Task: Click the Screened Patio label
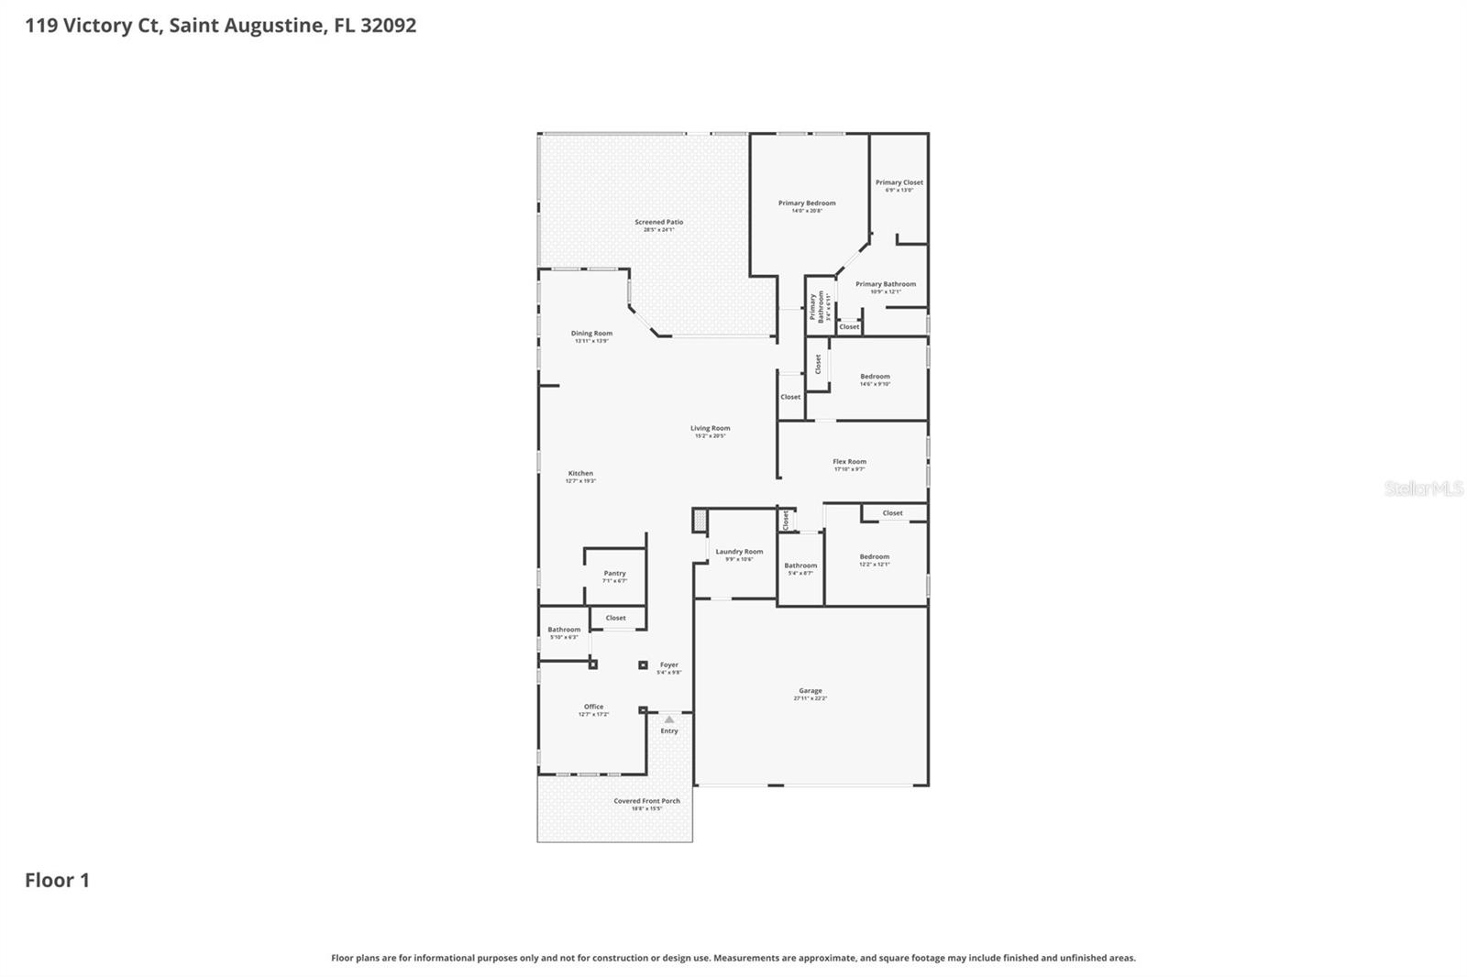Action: (x=658, y=223)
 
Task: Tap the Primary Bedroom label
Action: (x=807, y=203)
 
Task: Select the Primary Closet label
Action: (x=899, y=183)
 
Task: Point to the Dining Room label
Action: (x=591, y=334)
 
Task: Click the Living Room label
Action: (x=710, y=429)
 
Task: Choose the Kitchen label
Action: (x=580, y=474)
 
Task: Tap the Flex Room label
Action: (x=849, y=462)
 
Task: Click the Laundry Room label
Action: (x=739, y=553)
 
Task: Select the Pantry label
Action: (x=614, y=574)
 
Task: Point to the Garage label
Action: (x=810, y=691)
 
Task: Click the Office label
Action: (x=593, y=707)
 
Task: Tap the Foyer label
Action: (x=669, y=665)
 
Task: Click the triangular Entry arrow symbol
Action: (x=669, y=719)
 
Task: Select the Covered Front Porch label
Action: (x=646, y=801)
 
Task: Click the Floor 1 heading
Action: (x=57, y=880)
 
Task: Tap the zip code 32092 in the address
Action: (x=388, y=25)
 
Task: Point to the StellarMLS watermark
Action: (x=1423, y=488)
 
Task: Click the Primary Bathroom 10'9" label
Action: (x=885, y=285)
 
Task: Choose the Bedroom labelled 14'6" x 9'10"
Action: (x=875, y=377)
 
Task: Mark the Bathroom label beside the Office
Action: (x=564, y=630)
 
